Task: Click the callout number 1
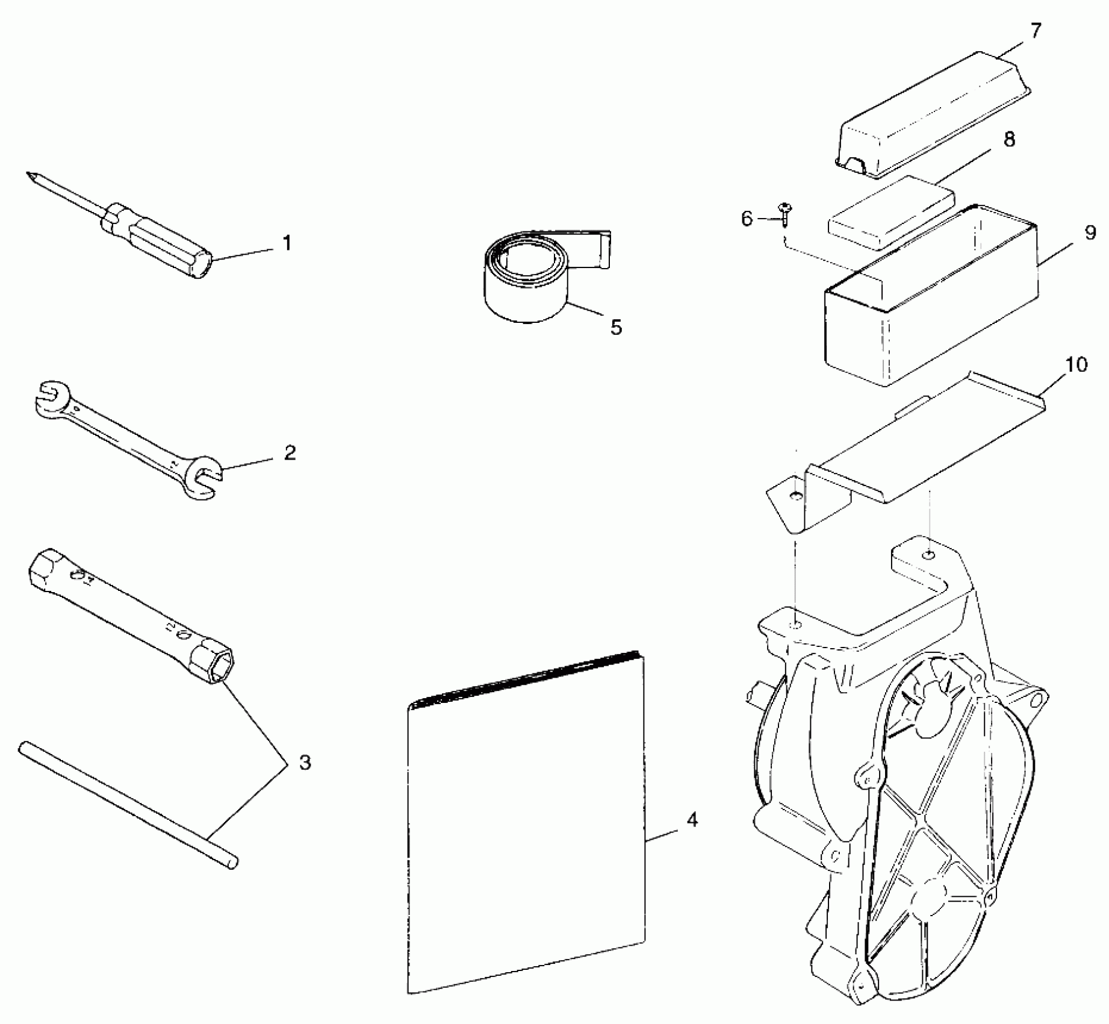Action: pyautogui.click(x=287, y=243)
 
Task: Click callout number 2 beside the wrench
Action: pyautogui.click(x=290, y=452)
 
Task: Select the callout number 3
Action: pyautogui.click(x=305, y=763)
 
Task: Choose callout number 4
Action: pyautogui.click(x=693, y=820)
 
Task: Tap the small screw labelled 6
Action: pyautogui.click(x=785, y=212)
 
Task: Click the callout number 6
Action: pyautogui.click(x=747, y=219)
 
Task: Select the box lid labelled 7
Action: pyautogui.click(x=933, y=117)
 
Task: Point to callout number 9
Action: pyautogui.click(x=1090, y=233)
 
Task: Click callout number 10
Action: pyautogui.click(x=1077, y=364)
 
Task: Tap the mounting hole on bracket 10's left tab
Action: pyautogui.click(x=796, y=495)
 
